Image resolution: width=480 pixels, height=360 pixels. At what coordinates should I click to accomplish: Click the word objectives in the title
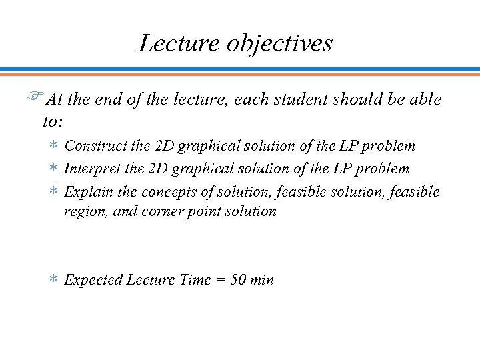coord(280,44)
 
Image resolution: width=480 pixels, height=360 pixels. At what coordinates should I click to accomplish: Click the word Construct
coord(94,145)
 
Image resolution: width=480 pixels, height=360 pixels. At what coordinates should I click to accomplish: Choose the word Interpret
coord(91,169)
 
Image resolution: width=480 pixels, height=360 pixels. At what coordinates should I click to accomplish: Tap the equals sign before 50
coord(221,281)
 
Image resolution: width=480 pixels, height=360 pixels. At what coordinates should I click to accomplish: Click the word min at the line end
coord(262,280)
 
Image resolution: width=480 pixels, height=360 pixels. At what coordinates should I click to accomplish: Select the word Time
coord(195,280)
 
